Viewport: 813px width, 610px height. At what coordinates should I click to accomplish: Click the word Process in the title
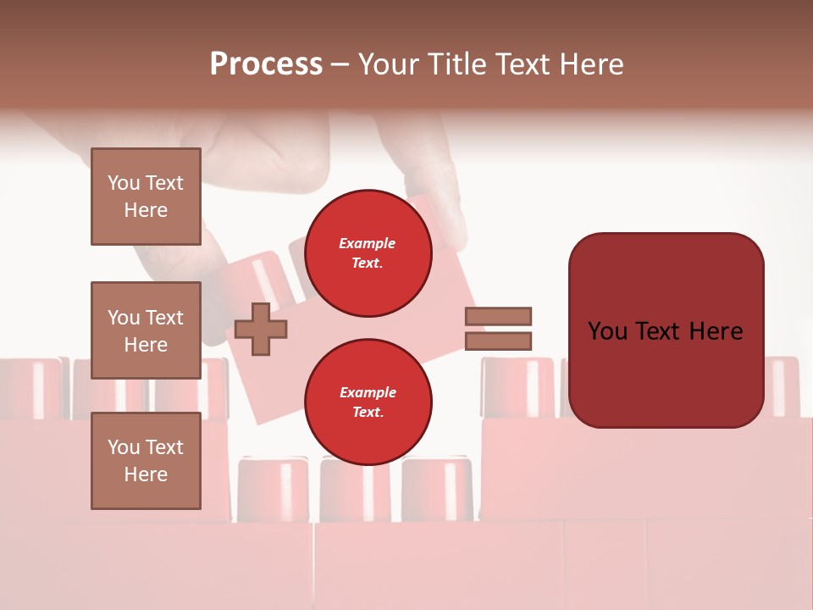tap(266, 64)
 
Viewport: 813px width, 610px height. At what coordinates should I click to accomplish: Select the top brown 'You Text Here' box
tap(146, 197)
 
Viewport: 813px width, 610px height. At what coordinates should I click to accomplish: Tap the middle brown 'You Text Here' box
tap(146, 330)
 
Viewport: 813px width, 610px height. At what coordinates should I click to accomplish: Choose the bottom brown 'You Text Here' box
tap(146, 461)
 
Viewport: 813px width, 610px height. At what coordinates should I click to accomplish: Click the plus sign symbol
tap(260, 329)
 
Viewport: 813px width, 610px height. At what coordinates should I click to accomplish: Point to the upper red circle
tap(368, 252)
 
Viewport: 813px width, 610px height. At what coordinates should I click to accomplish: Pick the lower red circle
tap(368, 402)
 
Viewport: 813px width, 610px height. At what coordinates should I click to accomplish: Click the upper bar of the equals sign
tap(499, 316)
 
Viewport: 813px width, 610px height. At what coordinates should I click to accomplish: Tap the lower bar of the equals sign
tap(499, 341)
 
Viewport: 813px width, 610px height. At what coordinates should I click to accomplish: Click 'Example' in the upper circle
tap(368, 243)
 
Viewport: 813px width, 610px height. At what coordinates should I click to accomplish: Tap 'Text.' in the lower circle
tap(368, 413)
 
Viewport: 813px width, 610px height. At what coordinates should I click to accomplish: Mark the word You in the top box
tap(124, 183)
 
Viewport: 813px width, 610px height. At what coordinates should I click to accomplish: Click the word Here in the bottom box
tap(146, 474)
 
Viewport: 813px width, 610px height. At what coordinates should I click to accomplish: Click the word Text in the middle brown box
tap(163, 318)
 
